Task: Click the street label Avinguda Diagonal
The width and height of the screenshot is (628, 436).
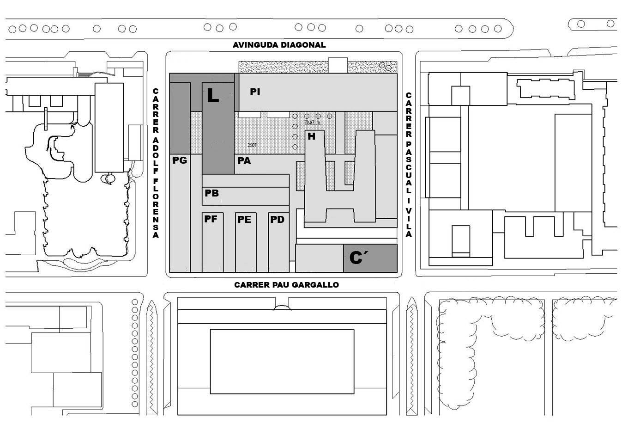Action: [x=279, y=45]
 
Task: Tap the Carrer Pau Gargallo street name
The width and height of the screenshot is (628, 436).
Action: [x=286, y=285]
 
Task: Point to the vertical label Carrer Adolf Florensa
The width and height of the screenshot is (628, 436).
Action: [x=156, y=163]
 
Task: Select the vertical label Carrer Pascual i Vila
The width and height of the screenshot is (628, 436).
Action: [x=408, y=165]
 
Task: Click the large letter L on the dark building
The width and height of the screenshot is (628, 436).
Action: [x=212, y=96]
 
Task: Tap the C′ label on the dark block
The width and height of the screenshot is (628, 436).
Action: [x=356, y=258]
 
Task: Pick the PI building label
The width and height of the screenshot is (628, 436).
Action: [x=255, y=92]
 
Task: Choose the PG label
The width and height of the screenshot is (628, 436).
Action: [x=180, y=160]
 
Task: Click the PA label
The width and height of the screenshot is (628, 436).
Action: [x=244, y=161]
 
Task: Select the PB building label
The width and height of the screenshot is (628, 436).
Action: [x=211, y=193]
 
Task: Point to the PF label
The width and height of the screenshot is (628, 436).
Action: [x=211, y=219]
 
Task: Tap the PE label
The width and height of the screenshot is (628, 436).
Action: [x=244, y=220]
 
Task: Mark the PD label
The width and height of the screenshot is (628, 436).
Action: [x=277, y=220]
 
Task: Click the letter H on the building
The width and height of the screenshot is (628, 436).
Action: [x=312, y=136]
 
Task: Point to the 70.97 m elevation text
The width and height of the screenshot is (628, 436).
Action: [x=312, y=123]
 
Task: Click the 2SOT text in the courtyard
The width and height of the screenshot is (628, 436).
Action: [x=252, y=145]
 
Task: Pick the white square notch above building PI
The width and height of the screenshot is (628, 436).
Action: [x=338, y=65]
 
